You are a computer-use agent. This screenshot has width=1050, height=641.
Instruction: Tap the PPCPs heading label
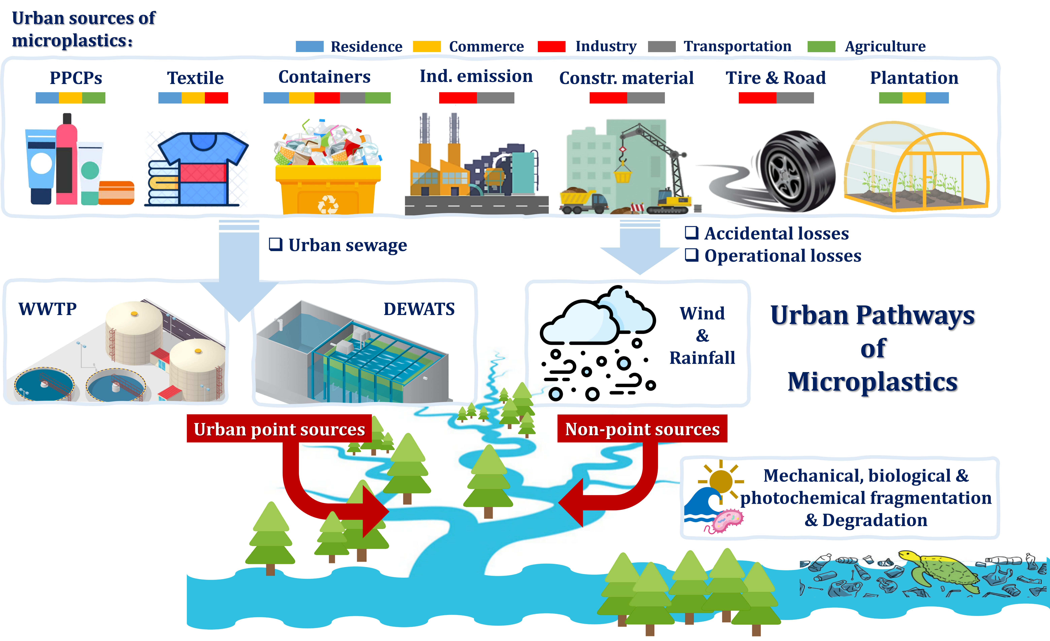click(76, 78)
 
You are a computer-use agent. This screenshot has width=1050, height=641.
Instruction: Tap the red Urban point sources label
click(279, 429)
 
